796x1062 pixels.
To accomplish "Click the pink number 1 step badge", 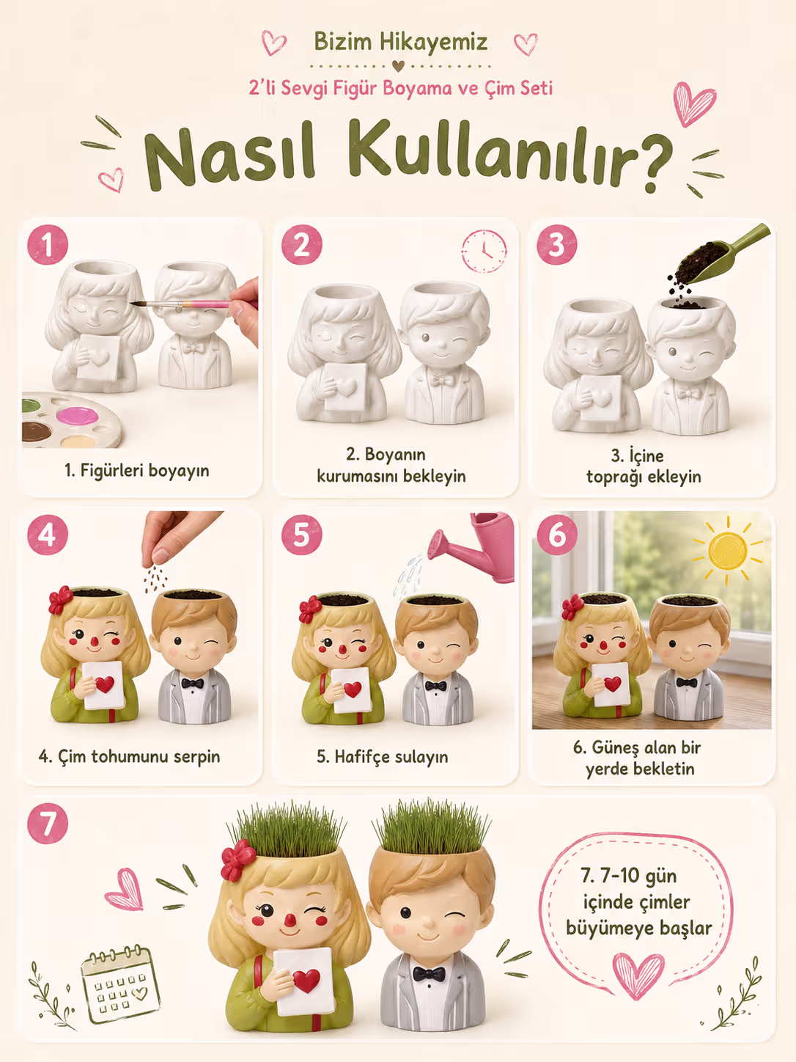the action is (48, 245).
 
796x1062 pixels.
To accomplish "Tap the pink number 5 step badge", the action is (301, 535).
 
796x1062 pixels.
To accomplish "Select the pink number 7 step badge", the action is (48, 824).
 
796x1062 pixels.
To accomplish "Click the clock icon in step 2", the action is (484, 251).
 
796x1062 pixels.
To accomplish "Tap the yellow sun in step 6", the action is (727, 551).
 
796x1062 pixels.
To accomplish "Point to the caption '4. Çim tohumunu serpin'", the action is (130, 756).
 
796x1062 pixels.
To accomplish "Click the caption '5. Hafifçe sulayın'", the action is (383, 757).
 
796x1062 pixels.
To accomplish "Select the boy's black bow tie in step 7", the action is (429, 973).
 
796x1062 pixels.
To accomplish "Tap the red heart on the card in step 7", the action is (306, 981).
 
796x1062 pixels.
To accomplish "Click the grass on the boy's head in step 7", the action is (432, 828).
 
